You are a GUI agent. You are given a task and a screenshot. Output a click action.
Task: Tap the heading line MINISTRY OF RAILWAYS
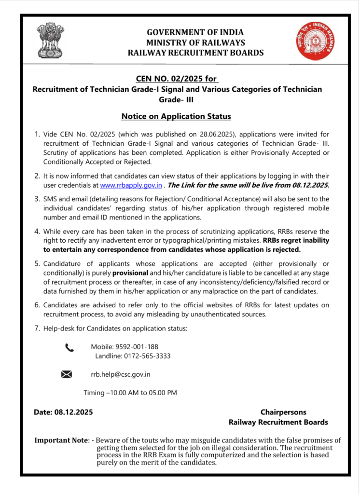tap(195, 42)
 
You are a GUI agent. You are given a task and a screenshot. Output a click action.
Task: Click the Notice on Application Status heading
tap(176, 116)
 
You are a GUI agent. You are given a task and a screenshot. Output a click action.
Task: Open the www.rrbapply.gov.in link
tap(130, 185)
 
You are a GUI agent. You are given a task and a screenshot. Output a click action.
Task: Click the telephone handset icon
tap(69, 347)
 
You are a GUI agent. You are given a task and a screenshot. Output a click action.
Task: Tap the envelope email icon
tap(67, 374)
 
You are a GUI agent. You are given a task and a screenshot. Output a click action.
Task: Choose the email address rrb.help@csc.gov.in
tap(120, 374)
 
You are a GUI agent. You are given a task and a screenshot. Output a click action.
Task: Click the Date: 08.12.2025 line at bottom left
tap(63, 412)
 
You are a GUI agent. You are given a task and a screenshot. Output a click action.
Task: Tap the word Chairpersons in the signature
tap(283, 412)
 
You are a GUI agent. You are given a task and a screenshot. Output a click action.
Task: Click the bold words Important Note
tap(61, 440)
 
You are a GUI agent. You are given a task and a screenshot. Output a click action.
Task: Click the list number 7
tap(37, 329)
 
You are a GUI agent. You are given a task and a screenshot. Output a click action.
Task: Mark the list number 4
tap(37, 232)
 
